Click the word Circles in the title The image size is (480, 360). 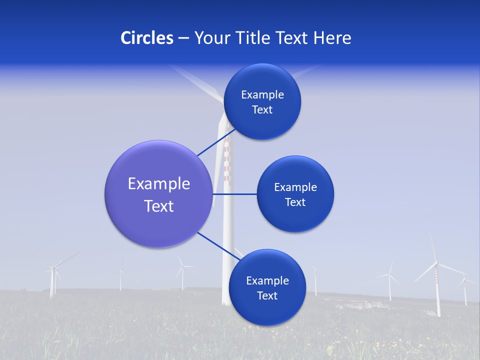tap(147, 37)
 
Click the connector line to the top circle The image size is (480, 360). tap(216, 142)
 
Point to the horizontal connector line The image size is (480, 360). tap(235, 194)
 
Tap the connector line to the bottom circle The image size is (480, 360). tap(218, 245)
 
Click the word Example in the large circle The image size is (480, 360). tap(159, 184)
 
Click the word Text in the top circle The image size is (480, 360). tap(262, 110)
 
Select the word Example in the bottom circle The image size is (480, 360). tap(267, 280)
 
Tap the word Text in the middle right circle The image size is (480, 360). tap(295, 202)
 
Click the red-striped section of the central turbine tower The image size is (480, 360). tap(226, 160)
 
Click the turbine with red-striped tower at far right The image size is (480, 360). tap(437, 285)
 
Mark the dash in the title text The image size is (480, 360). tap(183, 38)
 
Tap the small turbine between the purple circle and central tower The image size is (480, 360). tap(182, 272)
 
